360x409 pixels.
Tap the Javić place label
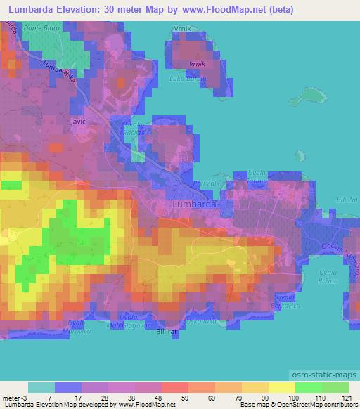coord(79,122)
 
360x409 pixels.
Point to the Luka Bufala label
coord(186,79)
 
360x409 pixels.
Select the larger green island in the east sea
coord(310,94)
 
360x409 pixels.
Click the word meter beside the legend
coord(9,398)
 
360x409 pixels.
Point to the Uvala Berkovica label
coord(285,302)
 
